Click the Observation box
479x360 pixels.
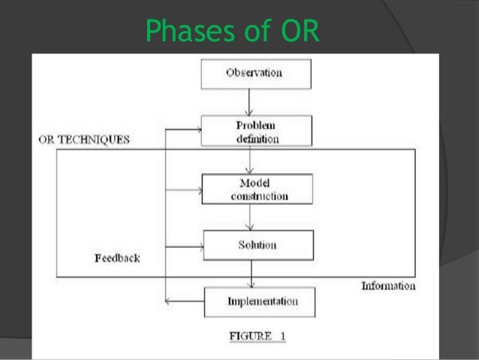[253, 73]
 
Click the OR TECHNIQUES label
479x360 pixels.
[83, 140]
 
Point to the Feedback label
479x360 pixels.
[116, 258]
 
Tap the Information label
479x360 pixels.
[388, 286]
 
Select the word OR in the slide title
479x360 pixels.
[300, 31]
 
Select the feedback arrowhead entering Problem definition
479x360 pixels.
[200, 129]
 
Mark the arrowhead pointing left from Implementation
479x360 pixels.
[168, 302]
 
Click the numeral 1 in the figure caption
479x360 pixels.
[283, 335]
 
